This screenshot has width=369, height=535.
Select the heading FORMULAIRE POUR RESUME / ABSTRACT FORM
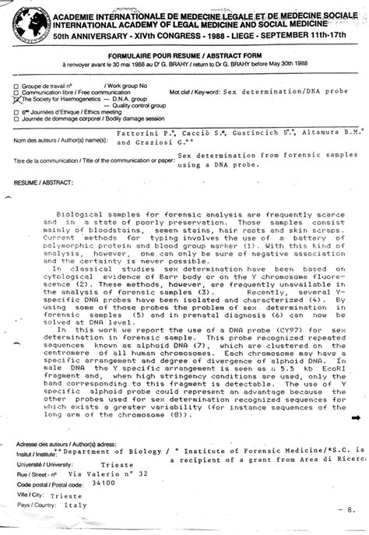(x=184, y=55)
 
